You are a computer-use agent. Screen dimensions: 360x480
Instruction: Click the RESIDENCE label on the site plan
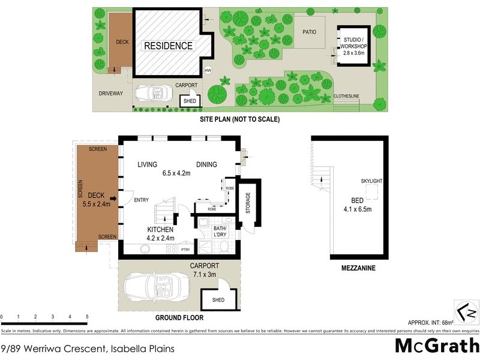pos(167,46)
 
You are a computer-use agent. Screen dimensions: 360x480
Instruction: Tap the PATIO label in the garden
pos(310,32)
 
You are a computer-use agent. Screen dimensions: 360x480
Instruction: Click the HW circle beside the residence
pos(208,71)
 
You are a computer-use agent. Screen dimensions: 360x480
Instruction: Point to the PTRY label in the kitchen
pos(185,249)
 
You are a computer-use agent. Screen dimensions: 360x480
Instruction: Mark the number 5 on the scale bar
pos(87,316)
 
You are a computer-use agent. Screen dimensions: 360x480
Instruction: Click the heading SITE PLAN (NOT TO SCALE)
pos(239,119)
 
